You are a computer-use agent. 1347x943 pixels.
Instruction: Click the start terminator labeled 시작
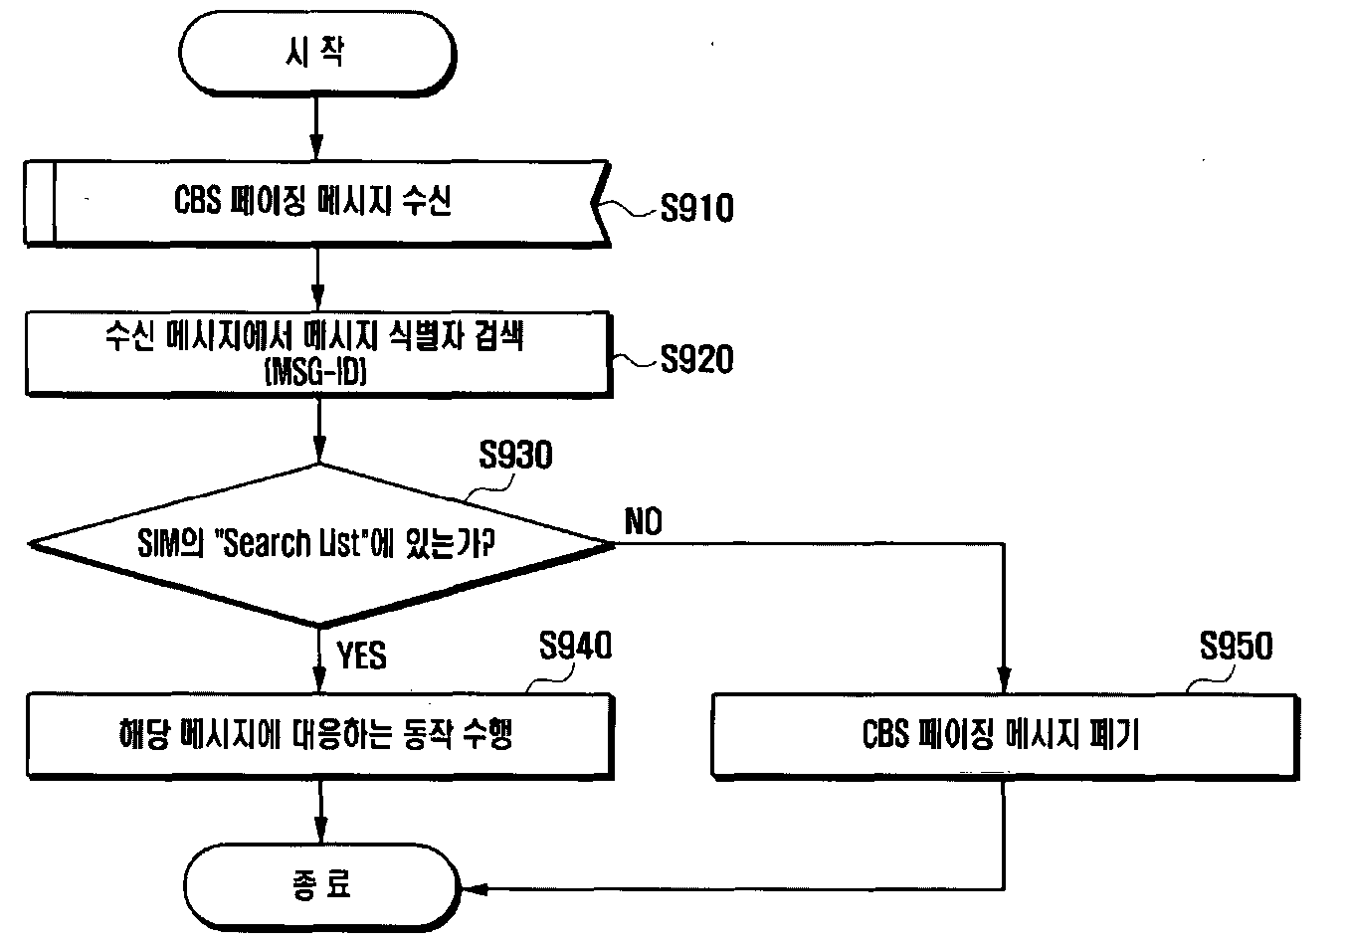pos(317,54)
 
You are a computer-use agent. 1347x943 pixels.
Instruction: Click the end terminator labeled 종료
pos(321,886)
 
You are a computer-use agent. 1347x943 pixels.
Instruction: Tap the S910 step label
pos(697,208)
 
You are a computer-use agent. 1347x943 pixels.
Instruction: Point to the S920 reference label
pos(697,359)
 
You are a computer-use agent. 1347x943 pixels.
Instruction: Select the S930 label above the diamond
pos(515,455)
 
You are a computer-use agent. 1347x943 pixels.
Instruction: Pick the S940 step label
pos(575,646)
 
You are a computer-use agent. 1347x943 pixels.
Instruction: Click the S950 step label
pos(1237,646)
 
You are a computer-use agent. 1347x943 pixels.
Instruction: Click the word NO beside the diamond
pos(643,521)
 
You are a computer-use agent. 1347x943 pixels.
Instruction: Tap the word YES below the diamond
pos(361,655)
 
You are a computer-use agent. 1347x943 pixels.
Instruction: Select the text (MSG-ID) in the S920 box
pos(315,372)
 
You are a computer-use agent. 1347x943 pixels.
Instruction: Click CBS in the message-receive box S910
pos(197,200)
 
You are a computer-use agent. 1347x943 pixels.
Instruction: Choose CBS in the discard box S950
pos(885,734)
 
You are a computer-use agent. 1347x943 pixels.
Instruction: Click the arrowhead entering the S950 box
pos(1004,680)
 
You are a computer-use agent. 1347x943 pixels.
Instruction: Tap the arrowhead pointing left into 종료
pos(476,889)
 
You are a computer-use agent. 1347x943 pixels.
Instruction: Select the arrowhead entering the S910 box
pos(316,147)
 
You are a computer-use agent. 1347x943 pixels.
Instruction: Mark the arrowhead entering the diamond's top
pos(319,451)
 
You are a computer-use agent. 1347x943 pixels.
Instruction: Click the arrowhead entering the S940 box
pos(320,680)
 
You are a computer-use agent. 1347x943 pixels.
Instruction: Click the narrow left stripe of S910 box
pos(40,203)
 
